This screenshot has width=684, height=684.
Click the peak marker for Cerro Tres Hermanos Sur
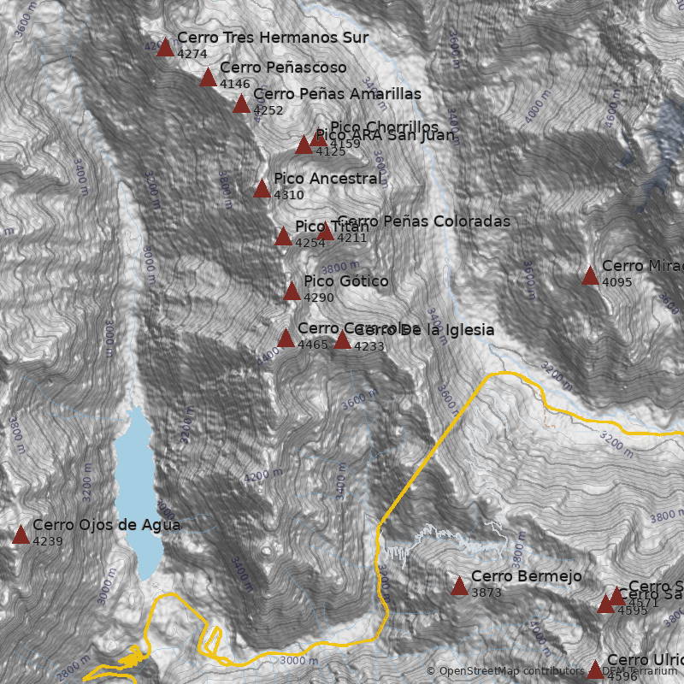click(x=165, y=47)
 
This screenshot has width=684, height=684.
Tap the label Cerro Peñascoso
click(x=283, y=68)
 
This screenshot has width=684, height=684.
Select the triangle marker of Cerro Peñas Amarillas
click(x=241, y=104)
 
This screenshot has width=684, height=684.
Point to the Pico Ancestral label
click(x=327, y=179)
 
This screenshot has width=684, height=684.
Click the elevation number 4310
click(x=289, y=195)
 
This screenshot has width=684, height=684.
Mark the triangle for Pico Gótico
click(x=292, y=292)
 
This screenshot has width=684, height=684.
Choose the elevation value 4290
click(x=319, y=298)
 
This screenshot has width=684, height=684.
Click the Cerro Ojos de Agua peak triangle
click(x=21, y=535)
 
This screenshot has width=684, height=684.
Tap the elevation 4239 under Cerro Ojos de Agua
click(x=48, y=541)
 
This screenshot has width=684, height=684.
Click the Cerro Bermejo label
click(x=526, y=576)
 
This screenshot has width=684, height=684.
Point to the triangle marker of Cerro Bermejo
click(x=459, y=587)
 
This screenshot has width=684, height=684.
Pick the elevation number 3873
click(x=486, y=593)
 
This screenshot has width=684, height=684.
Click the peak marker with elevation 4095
click(x=590, y=276)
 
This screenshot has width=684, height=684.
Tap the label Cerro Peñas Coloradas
click(x=423, y=221)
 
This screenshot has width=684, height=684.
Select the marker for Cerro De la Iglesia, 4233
click(x=342, y=340)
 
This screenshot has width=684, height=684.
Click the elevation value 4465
click(x=313, y=345)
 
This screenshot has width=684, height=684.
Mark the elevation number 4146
click(x=235, y=84)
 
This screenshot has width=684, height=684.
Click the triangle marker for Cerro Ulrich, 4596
click(x=595, y=669)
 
